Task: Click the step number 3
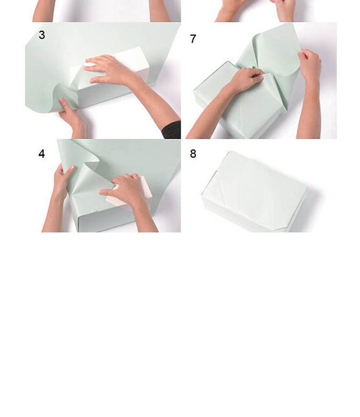42,35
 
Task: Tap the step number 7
193,39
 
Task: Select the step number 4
41,154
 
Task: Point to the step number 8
193,154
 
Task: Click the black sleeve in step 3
172,130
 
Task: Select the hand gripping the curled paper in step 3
72,117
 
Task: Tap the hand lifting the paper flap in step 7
310,67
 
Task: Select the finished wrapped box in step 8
254,191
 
